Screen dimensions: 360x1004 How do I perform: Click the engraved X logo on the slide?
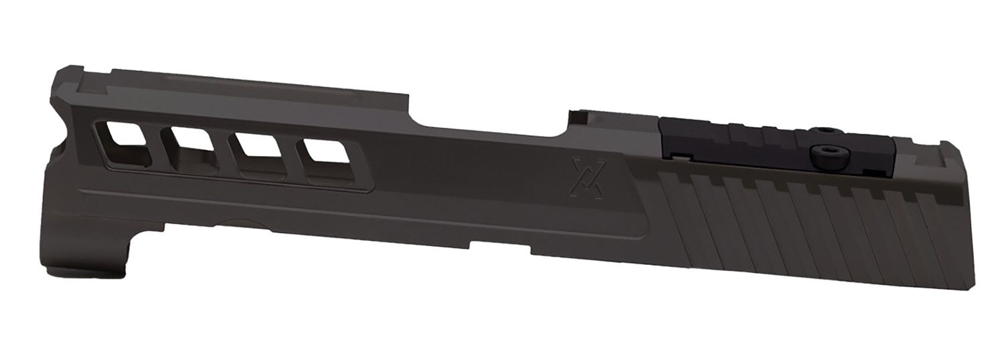click(588, 178)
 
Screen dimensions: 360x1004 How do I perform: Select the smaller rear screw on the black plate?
click(825, 130)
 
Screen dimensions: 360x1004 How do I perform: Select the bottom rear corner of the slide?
click(971, 286)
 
